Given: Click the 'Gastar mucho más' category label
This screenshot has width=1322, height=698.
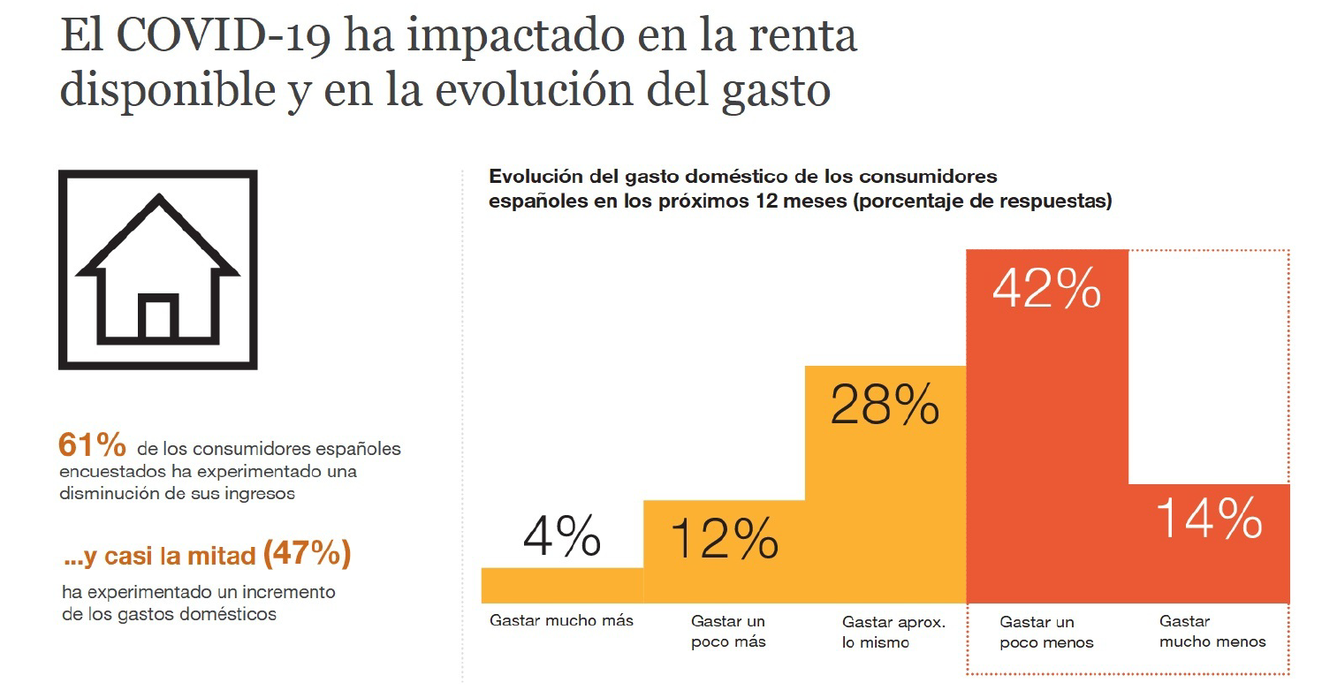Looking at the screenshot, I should [561, 620].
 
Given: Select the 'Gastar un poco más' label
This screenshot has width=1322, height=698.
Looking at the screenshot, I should [728, 632].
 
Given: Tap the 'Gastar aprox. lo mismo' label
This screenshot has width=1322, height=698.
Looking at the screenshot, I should [893, 632].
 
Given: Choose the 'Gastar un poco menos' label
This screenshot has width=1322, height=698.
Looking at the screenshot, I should [1046, 632].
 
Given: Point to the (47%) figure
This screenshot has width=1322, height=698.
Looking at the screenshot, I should [308, 554].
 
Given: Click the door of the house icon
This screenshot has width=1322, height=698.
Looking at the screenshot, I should [158, 320].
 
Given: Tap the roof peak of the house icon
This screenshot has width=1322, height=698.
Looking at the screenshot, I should [158, 200].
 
